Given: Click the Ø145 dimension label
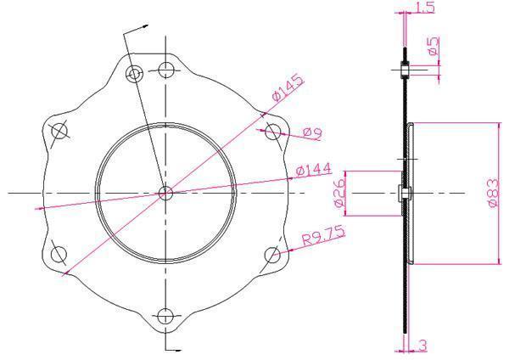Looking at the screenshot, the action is [288, 87].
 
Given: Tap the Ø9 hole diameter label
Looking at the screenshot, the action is [312, 133].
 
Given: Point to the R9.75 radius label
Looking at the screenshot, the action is [323, 235].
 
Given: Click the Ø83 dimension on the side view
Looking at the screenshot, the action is [493, 193].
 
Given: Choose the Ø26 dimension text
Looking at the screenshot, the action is [339, 194].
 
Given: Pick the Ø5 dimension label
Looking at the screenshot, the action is [433, 46].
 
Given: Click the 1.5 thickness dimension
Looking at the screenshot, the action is [425, 7].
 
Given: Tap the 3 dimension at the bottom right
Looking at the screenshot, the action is [422, 345].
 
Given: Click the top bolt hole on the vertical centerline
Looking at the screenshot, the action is [166, 70].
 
